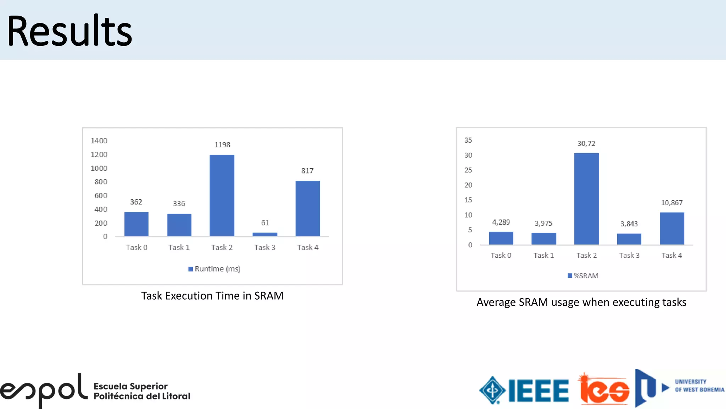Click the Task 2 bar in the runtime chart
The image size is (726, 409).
[x=222, y=195]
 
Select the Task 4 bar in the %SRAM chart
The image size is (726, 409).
[x=672, y=228]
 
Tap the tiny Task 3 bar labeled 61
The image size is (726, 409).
[x=265, y=234]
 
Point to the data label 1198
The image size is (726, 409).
[x=222, y=145]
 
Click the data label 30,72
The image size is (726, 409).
[x=586, y=143]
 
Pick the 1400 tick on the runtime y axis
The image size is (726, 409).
[x=99, y=141]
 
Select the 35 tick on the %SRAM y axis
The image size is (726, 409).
[x=468, y=140]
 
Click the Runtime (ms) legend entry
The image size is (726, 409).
[x=214, y=269]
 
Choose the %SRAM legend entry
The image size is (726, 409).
[x=583, y=276]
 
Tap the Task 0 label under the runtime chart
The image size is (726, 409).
[x=136, y=247]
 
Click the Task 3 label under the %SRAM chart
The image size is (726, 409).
[x=629, y=255]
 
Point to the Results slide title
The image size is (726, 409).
[x=70, y=31]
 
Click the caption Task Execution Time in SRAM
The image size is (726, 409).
[x=212, y=296]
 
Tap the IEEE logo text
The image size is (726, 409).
[x=538, y=391]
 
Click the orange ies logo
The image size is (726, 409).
[x=604, y=391]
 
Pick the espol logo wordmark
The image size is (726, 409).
[x=44, y=391]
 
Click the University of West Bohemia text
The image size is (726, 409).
[x=699, y=386]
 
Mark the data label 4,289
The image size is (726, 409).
[x=501, y=222]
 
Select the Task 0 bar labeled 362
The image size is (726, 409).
[x=136, y=224]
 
